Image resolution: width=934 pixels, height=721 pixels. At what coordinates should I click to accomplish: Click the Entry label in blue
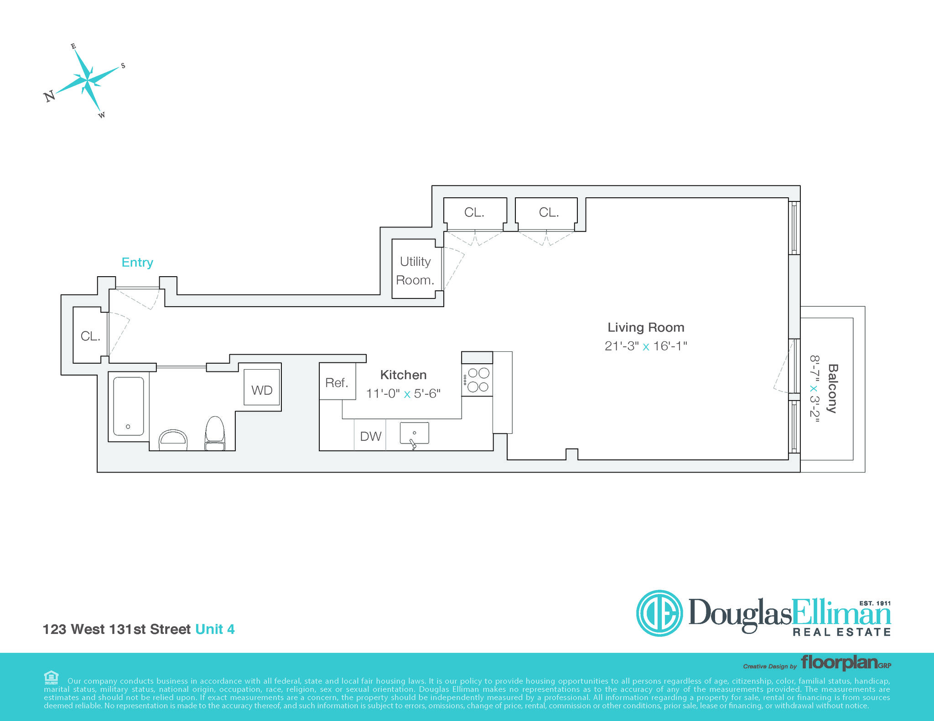pos(137,263)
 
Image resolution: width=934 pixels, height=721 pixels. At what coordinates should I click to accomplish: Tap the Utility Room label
pos(415,271)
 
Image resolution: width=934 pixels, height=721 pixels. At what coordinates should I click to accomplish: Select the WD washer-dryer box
pos(262,387)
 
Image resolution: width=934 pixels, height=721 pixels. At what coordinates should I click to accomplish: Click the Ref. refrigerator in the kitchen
pos(337,381)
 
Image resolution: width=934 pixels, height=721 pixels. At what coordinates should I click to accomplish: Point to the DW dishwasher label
pos(370,436)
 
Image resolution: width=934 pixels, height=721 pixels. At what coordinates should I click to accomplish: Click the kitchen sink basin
pos(414,433)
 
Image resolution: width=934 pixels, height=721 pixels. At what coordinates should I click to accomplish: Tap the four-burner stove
pos(477,380)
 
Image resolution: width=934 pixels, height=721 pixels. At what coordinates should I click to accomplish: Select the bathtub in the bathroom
pos(129,406)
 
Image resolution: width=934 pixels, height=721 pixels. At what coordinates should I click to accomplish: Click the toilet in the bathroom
pos(215,433)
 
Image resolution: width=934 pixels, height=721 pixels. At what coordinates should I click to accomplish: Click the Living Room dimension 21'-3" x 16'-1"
pos(646,346)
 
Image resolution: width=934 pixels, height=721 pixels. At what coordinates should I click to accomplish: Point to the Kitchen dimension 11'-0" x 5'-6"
pos(403,393)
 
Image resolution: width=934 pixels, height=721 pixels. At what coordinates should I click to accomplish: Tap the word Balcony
pos(833,388)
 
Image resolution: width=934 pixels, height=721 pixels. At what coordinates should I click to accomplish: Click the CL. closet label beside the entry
pos(90,336)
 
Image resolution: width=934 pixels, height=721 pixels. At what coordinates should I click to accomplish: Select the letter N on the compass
pos(49,96)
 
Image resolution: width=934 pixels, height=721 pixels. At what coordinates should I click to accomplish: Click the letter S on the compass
pos(123,66)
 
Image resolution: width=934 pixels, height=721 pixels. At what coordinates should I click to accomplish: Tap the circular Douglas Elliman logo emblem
pos(659,613)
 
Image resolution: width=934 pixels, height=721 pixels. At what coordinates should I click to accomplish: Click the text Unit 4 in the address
pos(215,629)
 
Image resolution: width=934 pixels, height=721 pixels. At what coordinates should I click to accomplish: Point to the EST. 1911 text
pos(875,603)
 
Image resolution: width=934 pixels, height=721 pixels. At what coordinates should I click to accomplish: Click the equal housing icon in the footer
pos(51,677)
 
